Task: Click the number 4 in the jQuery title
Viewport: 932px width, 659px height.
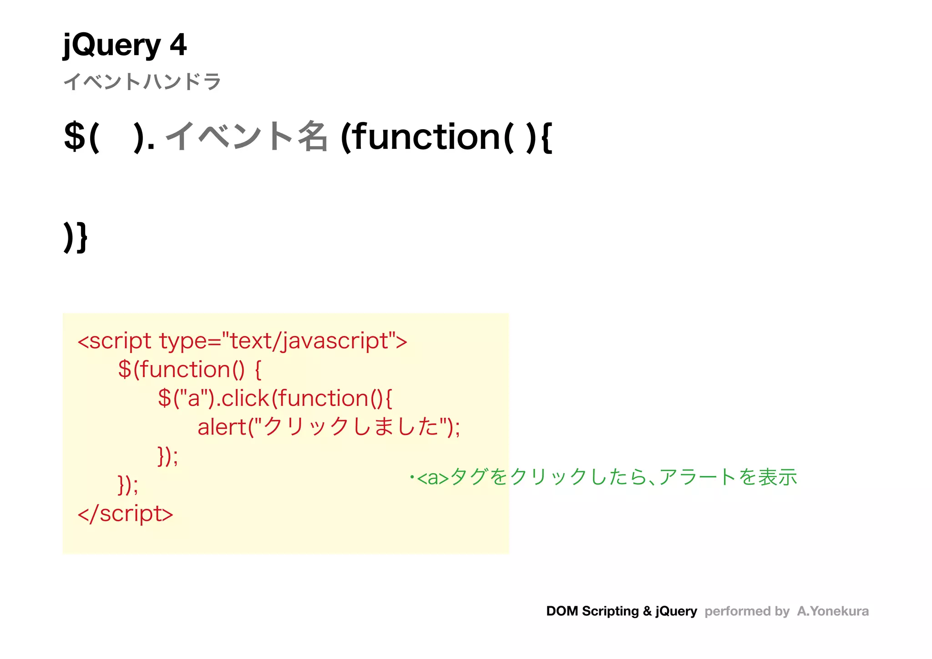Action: pyautogui.click(x=178, y=45)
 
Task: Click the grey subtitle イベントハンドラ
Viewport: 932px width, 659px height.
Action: pyautogui.click(x=142, y=82)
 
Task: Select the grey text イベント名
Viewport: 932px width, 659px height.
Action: pyautogui.click(x=246, y=136)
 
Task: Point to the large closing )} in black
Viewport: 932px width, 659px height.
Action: pyautogui.click(x=76, y=237)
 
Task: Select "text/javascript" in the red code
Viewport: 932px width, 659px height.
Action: pyautogui.click(x=309, y=341)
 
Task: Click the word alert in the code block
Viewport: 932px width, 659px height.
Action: pyautogui.click(x=222, y=427)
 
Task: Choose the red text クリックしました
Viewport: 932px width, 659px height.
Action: pyautogui.click(x=350, y=427)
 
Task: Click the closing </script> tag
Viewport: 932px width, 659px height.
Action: pyautogui.click(x=126, y=514)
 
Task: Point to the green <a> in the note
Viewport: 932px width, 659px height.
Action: pyautogui.click(x=433, y=478)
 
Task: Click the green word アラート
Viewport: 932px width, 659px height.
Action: pyautogui.click(x=696, y=477)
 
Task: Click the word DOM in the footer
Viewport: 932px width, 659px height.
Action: pyautogui.click(x=562, y=611)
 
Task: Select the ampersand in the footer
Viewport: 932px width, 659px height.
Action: pyautogui.click(x=647, y=611)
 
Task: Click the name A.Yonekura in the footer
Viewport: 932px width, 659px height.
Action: pyautogui.click(x=833, y=611)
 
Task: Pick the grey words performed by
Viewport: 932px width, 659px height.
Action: pyautogui.click(x=747, y=611)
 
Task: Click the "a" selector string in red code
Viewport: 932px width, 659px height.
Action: pyautogui.click(x=193, y=398)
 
